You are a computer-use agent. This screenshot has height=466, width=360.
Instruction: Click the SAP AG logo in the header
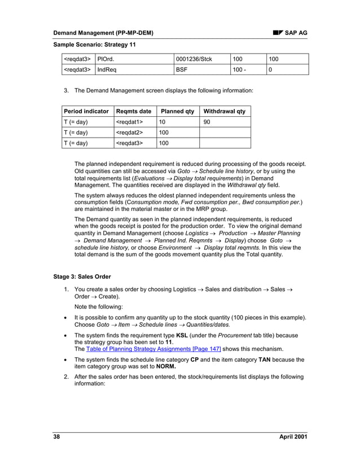(x=291, y=33)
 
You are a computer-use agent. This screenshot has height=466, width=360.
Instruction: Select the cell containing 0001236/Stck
(x=194, y=59)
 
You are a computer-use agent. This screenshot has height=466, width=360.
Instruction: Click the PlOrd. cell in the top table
(x=107, y=59)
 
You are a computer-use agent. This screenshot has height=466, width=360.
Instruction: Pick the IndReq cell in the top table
(x=108, y=69)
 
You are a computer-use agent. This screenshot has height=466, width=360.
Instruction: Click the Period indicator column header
(x=86, y=111)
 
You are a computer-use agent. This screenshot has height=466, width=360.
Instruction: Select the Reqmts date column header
(x=133, y=111)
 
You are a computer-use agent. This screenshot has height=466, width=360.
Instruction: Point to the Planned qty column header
(x=177, y=111)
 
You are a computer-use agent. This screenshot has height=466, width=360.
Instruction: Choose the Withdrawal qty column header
(x=224, y=111)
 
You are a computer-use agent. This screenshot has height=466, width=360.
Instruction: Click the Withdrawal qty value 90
(x=207, y=121)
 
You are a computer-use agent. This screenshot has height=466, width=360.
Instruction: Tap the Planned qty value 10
(x=162, y=121)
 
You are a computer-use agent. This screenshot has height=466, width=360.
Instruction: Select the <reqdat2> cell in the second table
(x=129, y=132)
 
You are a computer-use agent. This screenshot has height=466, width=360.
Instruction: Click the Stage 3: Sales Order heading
(x=82, y=276)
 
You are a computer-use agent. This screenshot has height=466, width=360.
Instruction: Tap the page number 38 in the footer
(x=56, y=438)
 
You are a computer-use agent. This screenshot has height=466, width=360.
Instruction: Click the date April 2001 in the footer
(x=293, y=438)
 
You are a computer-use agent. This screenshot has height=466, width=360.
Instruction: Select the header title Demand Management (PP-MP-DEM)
(x=103, y=33)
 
